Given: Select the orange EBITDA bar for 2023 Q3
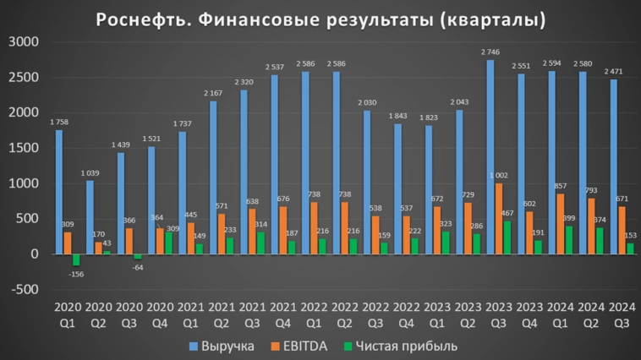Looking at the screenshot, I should tap(498, 218).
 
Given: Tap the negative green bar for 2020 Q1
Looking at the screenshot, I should tap(75, 259).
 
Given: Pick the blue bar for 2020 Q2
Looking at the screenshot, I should tap(90, 217).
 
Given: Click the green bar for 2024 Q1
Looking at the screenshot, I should tap(567, 240).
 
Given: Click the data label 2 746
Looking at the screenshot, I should tap(490, 52).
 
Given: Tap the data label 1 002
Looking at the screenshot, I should tap(499, 176).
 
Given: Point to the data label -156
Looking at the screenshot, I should tap(76, 273).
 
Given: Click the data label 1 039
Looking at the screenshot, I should tap(89, 173).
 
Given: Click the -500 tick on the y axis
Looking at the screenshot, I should tap(25, 289).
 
